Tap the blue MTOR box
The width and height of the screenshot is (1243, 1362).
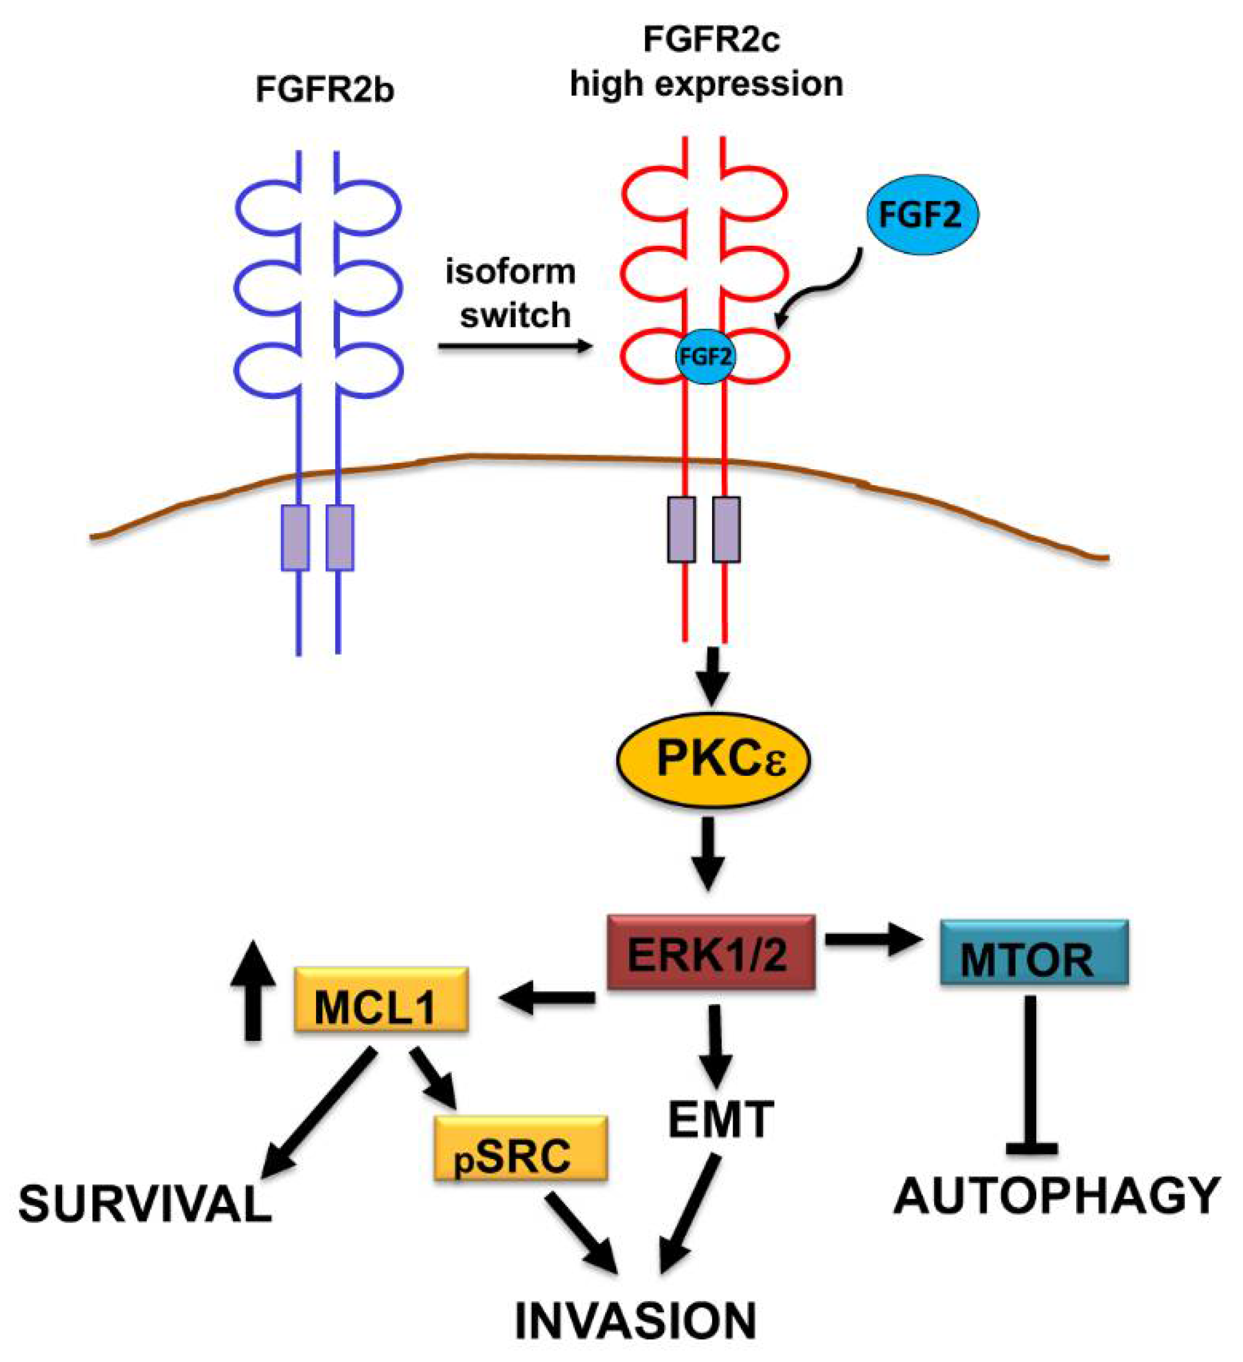1033,952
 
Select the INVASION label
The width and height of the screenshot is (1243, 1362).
636,1319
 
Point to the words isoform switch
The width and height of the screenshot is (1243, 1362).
511,294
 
